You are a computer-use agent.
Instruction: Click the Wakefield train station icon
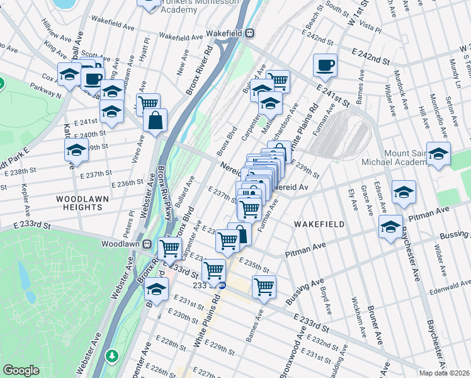pyautogui.click(x=250, y=33)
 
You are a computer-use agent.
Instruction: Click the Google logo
pyautogui.click(x=21, y=370)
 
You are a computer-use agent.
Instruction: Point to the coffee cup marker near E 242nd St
pyautogui.click(x=325, y=65)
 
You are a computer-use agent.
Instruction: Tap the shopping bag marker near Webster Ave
pyautogui.click(x=155, y=120)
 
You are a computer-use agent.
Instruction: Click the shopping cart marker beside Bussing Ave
pyautogui.click(x=264, y=287)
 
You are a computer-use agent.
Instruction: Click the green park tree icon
pyautogui.click(x=112, y=356)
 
